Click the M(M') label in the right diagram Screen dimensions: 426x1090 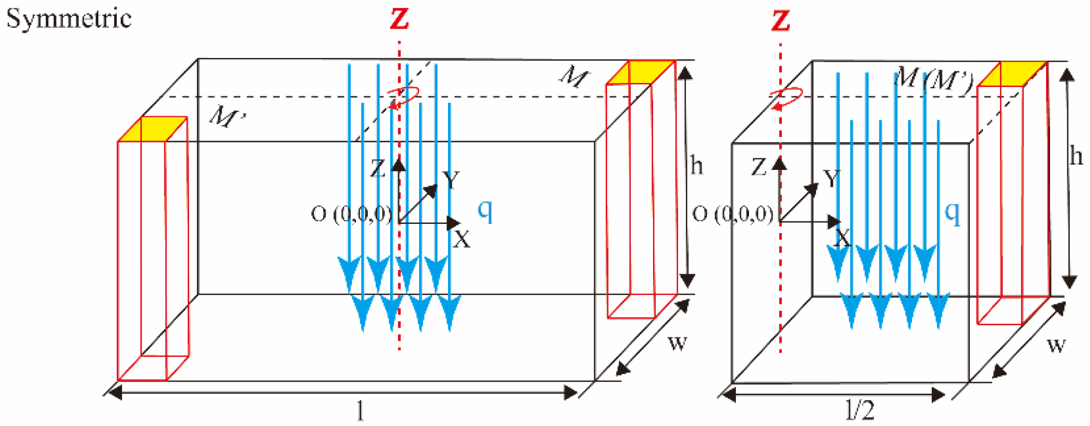point(933,79)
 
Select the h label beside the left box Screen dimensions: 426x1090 point(696,165)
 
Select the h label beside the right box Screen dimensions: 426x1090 point(1076,156)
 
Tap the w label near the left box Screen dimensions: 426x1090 point(677,343)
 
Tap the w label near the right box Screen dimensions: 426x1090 point(1056,344)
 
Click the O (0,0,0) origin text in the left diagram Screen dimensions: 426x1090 point(352,214)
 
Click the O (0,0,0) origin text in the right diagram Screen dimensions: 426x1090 point(733,214)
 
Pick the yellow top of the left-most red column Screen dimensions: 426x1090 point(152,129)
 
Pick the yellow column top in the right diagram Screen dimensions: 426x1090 point(1012,74)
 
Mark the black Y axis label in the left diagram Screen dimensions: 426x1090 point(451,180)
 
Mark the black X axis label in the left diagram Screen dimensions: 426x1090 point(462,239)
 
